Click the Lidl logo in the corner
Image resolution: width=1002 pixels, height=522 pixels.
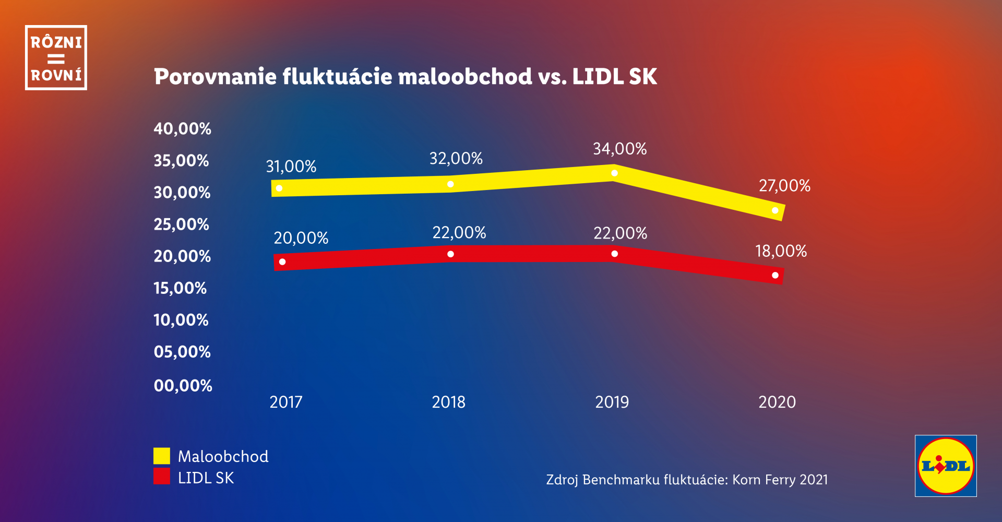coord(945,466)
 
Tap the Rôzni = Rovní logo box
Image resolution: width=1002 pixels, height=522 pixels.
coord(56,57)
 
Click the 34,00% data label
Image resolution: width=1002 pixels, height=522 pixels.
coord(619,149)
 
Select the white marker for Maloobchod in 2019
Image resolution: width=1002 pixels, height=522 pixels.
coord(614,173)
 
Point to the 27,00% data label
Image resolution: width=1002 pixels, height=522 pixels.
coord(784,186)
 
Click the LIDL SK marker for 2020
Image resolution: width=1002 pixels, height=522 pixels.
coord(775,275)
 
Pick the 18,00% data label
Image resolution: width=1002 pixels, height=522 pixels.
coord(781,251)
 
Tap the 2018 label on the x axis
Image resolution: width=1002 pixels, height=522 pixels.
coord(448,402)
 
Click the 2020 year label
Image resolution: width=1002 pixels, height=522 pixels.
coord(777,402)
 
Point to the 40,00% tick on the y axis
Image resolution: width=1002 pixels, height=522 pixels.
coord(182,129)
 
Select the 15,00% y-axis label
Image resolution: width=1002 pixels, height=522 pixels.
coord(180,288)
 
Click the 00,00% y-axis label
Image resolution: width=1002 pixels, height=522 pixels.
coord(183,386)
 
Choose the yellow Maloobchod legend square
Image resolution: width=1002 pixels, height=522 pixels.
coord(162,456)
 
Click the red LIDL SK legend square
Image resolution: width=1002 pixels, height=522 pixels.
coord(162,476)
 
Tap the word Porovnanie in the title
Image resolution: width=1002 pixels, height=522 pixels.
coord(214,77)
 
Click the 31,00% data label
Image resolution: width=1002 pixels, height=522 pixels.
coord(291,167)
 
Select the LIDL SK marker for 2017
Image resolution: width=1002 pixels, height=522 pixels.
coord(282,262)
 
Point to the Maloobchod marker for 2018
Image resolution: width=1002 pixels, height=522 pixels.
coord(450,184)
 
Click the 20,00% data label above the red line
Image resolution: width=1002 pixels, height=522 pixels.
coord(301,238)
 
